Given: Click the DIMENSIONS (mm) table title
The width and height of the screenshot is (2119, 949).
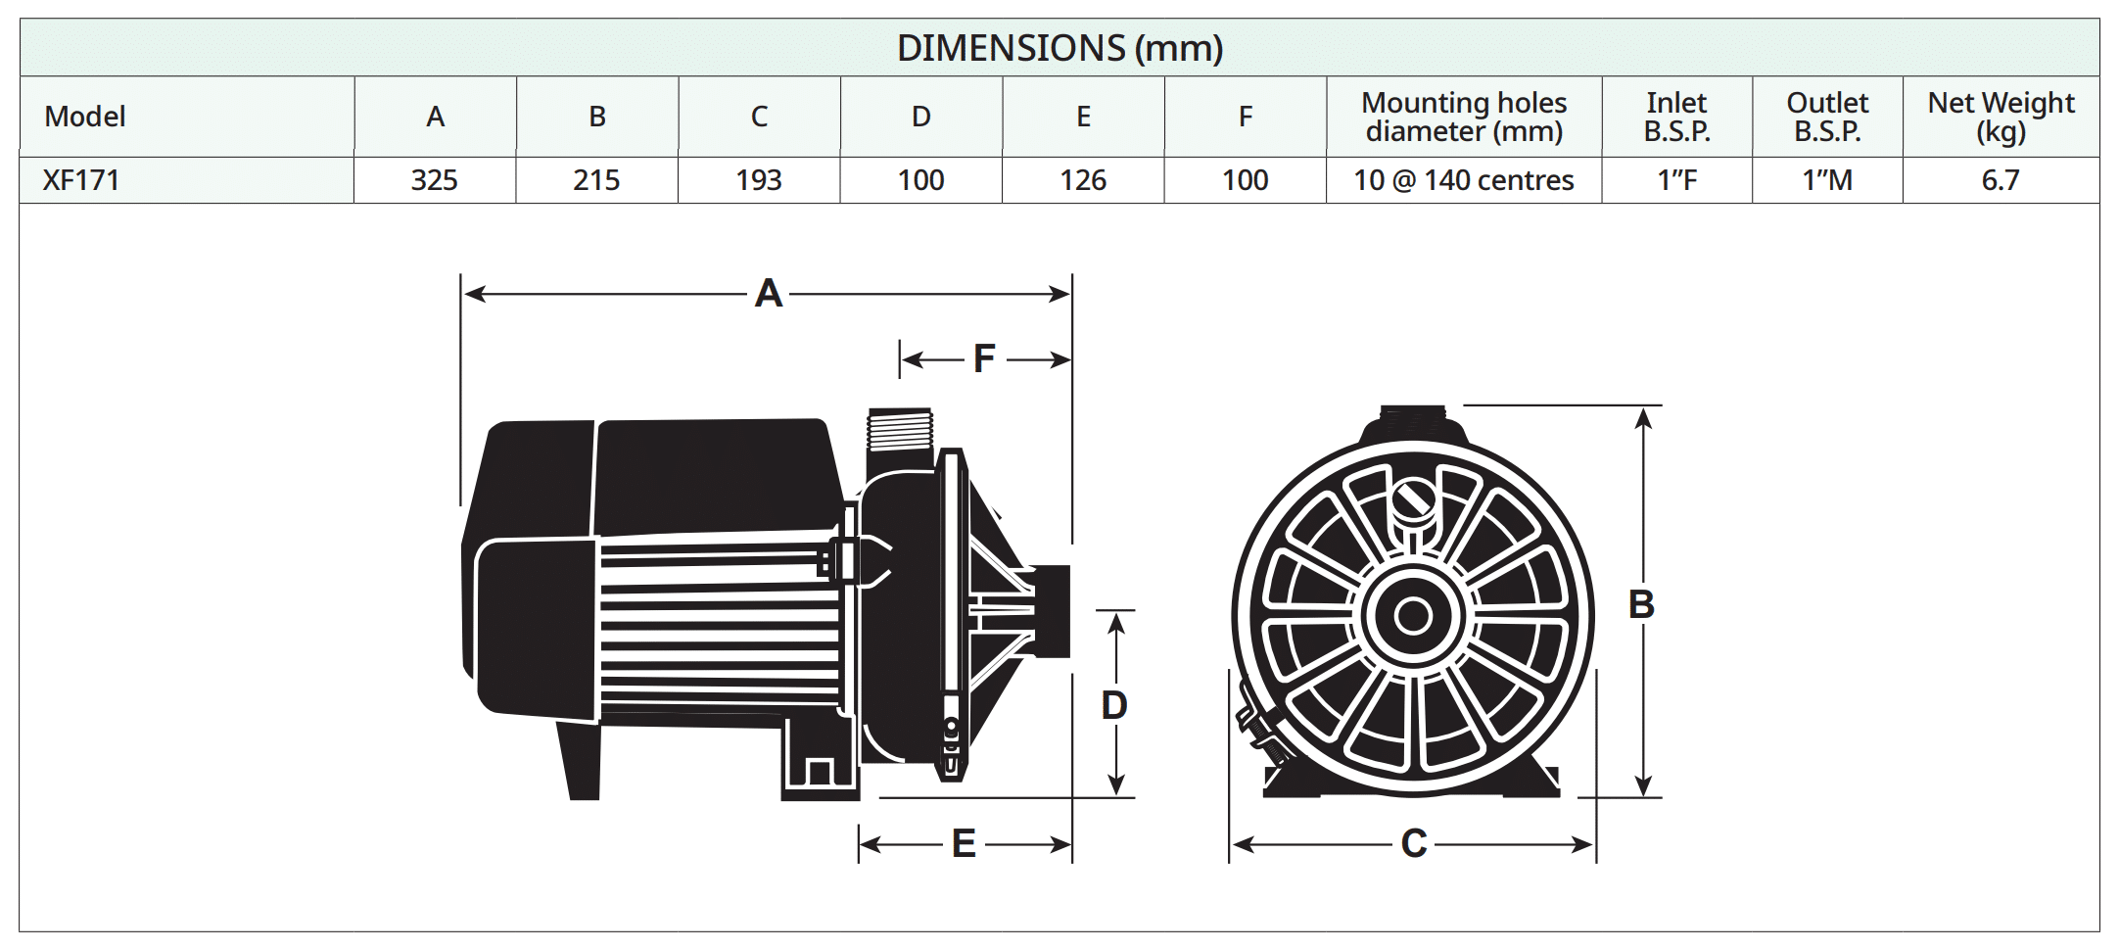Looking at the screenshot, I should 1059,48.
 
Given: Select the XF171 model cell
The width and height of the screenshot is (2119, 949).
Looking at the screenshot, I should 81,180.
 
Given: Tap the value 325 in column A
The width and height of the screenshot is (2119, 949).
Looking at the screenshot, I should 435,180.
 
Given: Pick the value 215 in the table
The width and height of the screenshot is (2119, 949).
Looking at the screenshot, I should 596,180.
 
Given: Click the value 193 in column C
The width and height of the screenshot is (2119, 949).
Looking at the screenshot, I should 759,180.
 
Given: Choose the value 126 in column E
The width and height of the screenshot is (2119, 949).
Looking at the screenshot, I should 1083,180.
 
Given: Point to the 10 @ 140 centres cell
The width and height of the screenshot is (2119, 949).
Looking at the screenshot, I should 1464,180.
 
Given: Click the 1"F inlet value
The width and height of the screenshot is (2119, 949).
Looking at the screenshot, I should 1676,180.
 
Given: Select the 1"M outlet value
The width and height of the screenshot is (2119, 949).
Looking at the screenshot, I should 1827,180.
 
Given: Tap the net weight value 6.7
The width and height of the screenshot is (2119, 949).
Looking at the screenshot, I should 2001,180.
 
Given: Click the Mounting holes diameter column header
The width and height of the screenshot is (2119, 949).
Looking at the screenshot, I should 1464,117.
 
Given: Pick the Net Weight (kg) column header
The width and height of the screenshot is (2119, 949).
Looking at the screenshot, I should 2001,117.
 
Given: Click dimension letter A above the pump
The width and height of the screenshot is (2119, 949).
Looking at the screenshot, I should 769,294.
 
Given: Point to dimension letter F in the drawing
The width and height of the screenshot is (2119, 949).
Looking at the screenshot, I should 984,359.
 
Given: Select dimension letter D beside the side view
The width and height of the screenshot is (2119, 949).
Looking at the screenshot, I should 1114,705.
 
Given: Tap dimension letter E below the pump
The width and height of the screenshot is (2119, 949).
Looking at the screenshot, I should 964,843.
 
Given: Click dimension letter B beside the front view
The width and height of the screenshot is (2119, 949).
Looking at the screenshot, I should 1641,604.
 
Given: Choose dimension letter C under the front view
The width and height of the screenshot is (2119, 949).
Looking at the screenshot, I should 1413,843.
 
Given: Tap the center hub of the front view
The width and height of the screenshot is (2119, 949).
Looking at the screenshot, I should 1412,616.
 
